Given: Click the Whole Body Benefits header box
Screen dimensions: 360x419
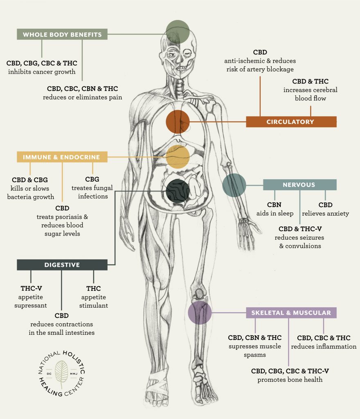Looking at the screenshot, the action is [62, 34].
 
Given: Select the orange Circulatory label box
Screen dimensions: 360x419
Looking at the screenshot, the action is [291, 122].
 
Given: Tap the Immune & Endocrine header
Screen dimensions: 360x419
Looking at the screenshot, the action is [62, 157].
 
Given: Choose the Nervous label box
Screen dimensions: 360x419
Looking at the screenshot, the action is [299, 185].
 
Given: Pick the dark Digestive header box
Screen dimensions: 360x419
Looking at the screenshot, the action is [62, 265].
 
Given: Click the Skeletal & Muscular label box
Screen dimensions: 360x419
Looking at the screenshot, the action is [291, 313].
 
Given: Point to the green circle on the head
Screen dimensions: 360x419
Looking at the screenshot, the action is [178, 32].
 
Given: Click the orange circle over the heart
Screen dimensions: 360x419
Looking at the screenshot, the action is [178, 122].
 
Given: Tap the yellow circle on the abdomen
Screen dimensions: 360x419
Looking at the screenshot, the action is [178, 157].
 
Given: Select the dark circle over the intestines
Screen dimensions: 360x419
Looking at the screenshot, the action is [178, 191].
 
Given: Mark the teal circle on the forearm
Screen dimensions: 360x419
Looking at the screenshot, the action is [234, 185].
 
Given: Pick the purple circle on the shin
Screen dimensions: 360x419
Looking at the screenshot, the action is [200, 312].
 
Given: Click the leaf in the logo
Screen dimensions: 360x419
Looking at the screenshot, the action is [61, 373].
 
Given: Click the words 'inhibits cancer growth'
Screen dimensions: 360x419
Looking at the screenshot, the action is [42, 72].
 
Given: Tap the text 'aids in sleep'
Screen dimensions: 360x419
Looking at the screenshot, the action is [275, 213].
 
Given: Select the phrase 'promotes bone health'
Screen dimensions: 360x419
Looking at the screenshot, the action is [290, 379].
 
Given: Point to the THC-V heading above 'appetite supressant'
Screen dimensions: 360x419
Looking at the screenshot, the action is [31, 288].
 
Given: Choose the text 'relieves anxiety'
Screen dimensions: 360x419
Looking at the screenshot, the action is [325, 213].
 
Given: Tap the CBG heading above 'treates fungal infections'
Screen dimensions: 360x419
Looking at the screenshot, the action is [92, 179].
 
